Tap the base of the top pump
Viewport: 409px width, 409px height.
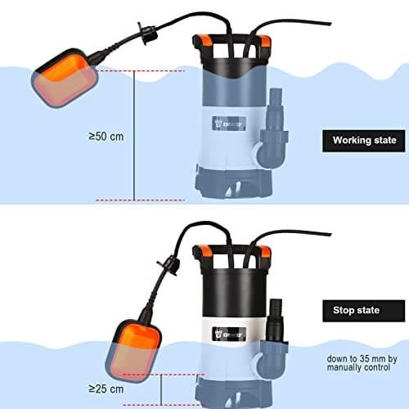tap(231, 182)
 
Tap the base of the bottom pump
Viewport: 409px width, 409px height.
tap(233, 390)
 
